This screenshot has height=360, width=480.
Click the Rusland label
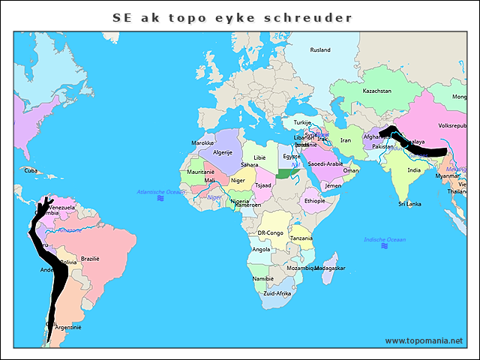(320, 50)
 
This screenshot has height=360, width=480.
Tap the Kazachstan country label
(376, 91)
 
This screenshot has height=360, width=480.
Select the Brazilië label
(90, 258)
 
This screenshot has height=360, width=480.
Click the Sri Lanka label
(409, 203)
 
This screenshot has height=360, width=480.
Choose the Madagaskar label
(330, 268)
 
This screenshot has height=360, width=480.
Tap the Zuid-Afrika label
(277, 293)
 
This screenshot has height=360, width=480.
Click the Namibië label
(263, 278)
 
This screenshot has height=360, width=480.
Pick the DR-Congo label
(270, 233)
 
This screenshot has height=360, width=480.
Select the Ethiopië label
(313, 200)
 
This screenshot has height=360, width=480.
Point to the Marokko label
(202, 142)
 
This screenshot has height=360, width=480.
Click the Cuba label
(30, 170)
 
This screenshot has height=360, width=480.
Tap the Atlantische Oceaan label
(160, 193)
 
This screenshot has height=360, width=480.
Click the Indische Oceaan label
(384, 239)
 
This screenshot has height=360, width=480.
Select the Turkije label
(302, 122)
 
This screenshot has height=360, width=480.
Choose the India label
(413, 170)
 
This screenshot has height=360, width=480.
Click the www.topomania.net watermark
(424, 340)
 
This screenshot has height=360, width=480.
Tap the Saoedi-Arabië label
(325, 163)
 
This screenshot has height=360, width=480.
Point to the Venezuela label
(61, 207)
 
